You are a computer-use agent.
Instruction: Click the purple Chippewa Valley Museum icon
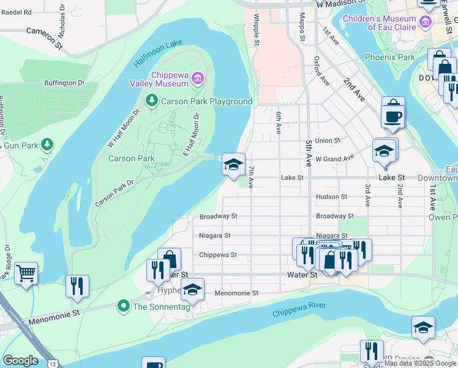(197, 78)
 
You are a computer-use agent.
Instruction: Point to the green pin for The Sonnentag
(123, 305)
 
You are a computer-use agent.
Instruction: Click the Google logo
(20, 361)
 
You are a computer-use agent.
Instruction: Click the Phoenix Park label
(389, 57)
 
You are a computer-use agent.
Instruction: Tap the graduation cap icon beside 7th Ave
(233, 164)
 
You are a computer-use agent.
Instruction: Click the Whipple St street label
(256, 29)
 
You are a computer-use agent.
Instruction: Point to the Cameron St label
(45, 37)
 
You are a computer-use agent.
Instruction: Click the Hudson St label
(331, 197)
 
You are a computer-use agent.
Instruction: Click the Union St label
(328, 140)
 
